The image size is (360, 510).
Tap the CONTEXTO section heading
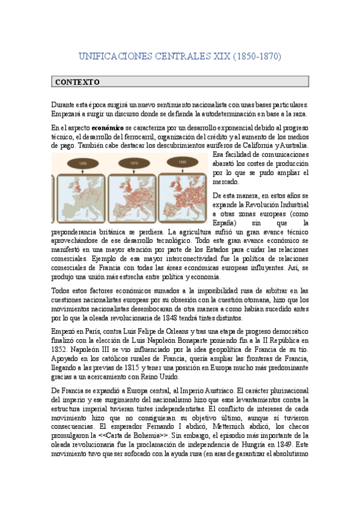(x=78, y=82)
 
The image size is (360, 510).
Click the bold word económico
(x=108, y=128)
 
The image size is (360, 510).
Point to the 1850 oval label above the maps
(x=84, y=162)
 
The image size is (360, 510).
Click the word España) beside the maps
(x=226, y=223)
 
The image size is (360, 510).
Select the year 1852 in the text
(x=61, y=349)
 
